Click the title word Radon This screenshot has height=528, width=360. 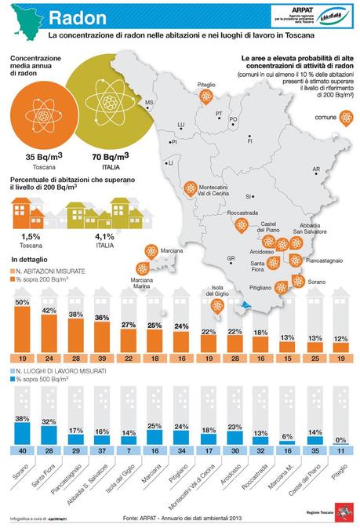click(x=78, y=18)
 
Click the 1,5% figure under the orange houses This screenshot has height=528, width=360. click(x=32, y=236)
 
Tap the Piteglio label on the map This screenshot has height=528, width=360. click(x=207, y=83)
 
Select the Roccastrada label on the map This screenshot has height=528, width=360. click(x=242, y=213)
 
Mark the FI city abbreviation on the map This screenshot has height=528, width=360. click(x=249, y=140)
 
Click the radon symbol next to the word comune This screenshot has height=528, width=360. click(x=346, y=118)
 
